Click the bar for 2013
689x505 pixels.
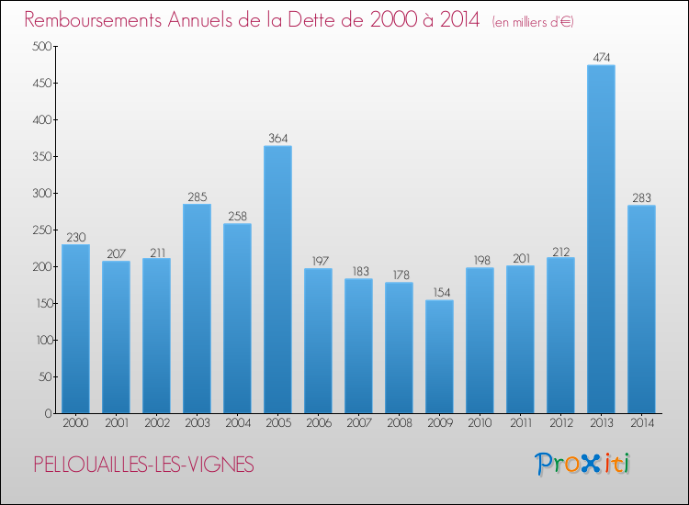pos(601,239)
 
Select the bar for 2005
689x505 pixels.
pos(277,279)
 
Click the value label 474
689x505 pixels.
pos(601,58)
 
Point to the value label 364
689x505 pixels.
pos(277,139)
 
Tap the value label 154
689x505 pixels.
pos(439,293)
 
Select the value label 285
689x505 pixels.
pos(197,196)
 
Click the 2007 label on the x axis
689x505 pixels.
pos(358,423)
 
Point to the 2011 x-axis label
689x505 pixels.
pos(520,423)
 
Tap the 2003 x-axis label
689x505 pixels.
pos(197,423)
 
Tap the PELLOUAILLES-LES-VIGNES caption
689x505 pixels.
pos(142,466)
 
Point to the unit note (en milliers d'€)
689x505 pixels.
pos(533,21)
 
